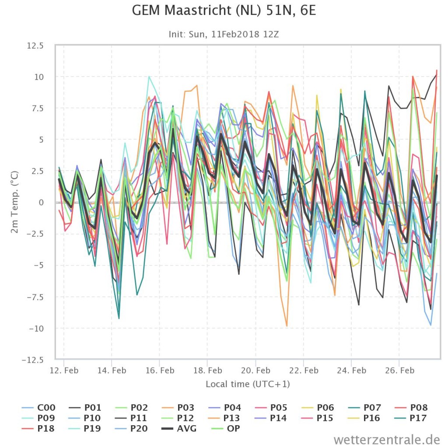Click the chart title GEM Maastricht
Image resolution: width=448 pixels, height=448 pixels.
(x=224, y=11)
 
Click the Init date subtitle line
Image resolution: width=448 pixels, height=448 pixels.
(x=224, y=34)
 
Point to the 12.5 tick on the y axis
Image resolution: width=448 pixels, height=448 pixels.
(x=35, y=45)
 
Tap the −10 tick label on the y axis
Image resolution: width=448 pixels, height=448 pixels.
(x=36, y=329)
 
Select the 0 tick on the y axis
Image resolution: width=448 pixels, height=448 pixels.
(x=41, y=203)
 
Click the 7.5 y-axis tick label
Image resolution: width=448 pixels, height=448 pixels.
(x=37, y=108)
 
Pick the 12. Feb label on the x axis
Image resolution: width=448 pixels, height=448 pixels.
(x=64, y=371)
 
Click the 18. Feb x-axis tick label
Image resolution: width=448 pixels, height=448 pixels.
(x=208, y=371)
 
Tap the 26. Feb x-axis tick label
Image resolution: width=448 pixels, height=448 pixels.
(x=400, y=371)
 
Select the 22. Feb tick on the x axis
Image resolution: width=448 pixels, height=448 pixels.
(x=304, y=371)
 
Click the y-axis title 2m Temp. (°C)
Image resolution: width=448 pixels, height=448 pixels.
(x=14, y=202)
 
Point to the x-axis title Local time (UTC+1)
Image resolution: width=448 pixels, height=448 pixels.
(x=248, y=384)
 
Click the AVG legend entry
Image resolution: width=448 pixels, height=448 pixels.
(x=179, y=429)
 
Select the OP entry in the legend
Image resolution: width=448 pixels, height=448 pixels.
(x=226, y=429)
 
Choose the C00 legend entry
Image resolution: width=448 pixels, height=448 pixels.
(x=38, y=407)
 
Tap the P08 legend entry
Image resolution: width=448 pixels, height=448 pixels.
(x=411, y=407)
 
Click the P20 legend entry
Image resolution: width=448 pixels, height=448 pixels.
(x=131, y=429)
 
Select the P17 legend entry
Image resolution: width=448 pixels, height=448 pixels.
(x=411, y=418)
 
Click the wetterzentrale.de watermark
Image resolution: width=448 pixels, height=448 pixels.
(x=387, y=439)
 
